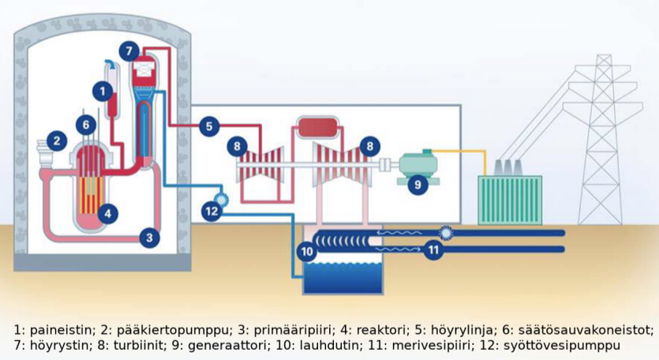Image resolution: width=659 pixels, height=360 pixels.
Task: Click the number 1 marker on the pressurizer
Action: point(101,92)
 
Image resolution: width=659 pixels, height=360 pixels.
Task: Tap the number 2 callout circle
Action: point(56,141)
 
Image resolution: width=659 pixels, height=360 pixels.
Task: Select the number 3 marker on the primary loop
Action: point(150,236)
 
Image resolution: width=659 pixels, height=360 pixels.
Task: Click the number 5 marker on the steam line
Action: point(208,126)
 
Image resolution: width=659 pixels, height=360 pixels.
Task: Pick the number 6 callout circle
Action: point(87,124)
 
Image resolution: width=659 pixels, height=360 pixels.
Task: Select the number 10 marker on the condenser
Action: point(308,251)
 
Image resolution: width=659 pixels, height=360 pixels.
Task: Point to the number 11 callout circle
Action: point(433,251)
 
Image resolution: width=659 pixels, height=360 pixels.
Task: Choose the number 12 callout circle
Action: point(211,211)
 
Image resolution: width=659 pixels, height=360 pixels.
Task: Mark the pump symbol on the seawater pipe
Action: point(447,233)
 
